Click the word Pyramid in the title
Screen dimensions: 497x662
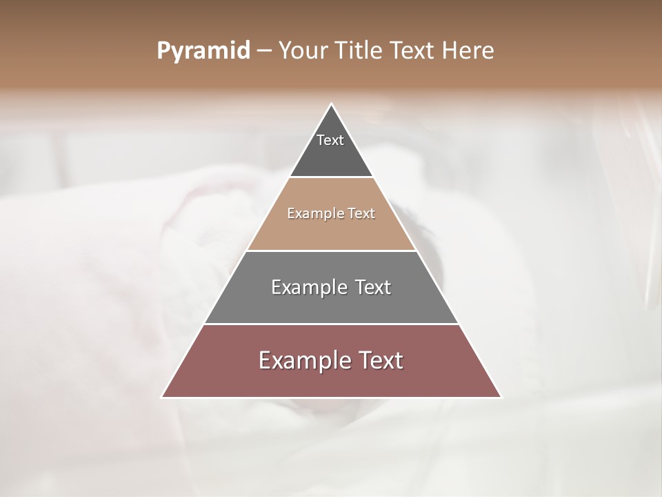203,51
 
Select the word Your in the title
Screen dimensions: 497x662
301,51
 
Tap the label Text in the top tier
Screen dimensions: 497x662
330,140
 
